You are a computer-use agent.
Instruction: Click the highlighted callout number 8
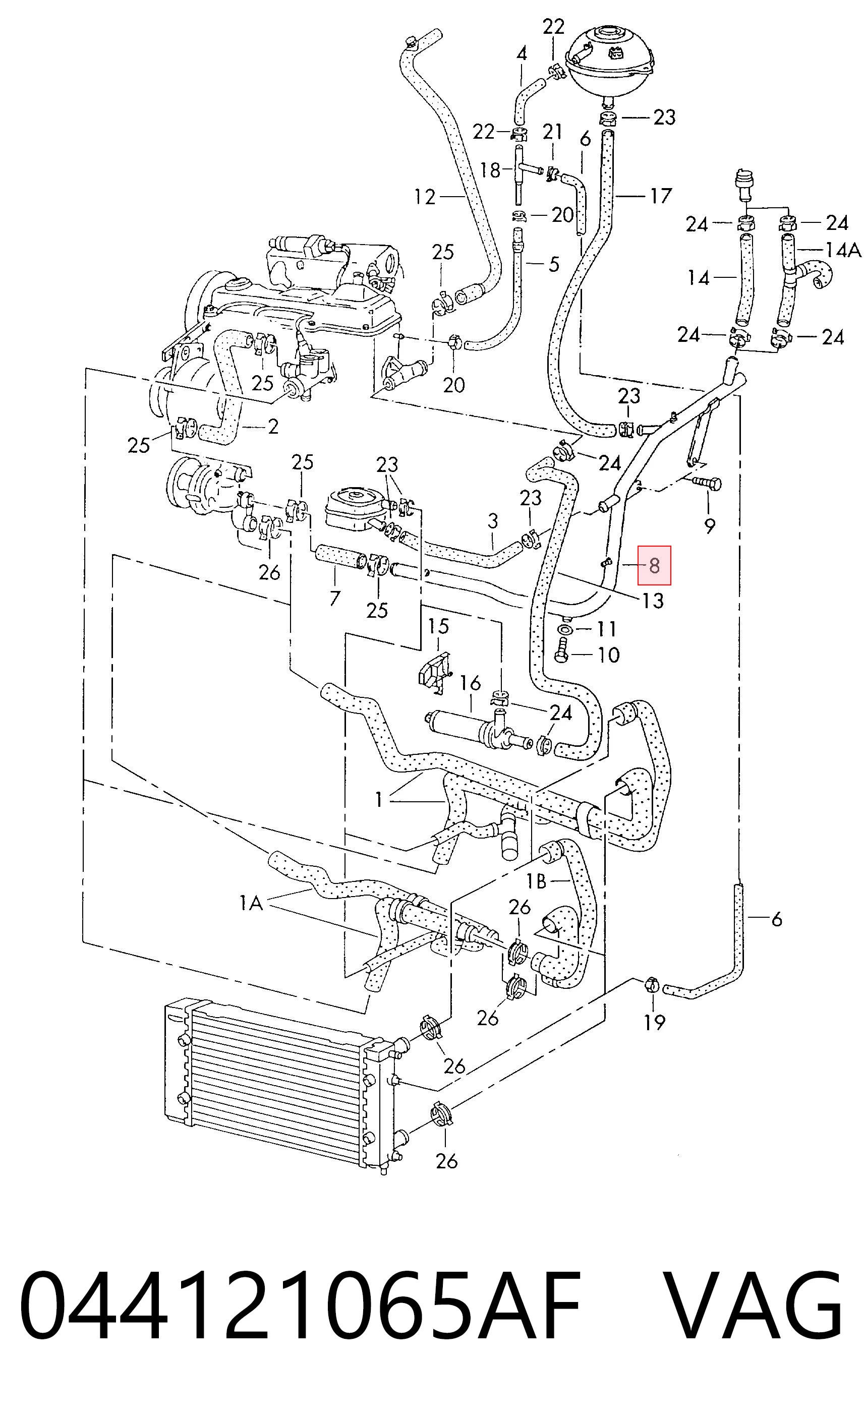(654, 565)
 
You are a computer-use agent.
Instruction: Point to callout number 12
(425, 197)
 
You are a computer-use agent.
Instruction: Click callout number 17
(661, 196)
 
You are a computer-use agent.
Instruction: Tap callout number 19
(655, 1023)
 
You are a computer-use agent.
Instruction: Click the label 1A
(252, 903)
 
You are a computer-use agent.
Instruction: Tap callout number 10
(608, 655)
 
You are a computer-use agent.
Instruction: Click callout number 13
(652, 601)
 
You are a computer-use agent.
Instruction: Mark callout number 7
(334, 598)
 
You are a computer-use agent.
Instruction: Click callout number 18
(490, 169)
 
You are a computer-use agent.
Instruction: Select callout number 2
(273, 426)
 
